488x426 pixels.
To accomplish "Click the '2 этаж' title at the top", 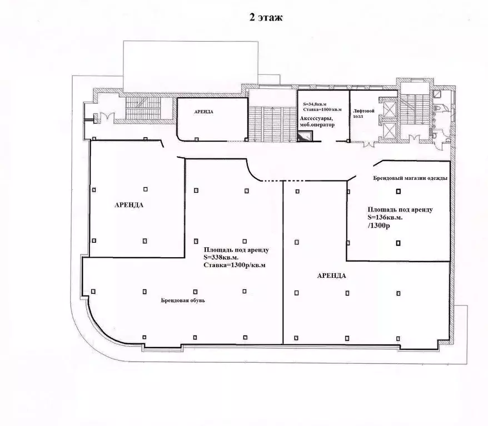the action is [x=266, y=17].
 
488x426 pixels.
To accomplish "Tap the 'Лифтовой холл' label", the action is [x=363, y=113].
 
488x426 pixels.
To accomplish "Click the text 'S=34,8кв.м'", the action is [x=315, y=104].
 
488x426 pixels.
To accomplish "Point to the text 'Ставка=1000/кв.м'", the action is [x=322, y=109].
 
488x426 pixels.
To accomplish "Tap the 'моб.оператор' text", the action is [x=317, y=125].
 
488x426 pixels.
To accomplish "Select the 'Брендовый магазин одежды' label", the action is [x=410, y=178].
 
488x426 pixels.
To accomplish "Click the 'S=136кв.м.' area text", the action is [x=385, y=218].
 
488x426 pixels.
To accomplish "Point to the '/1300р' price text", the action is [x=379, y=225].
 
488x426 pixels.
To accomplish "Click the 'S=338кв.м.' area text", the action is [x=221, y=258].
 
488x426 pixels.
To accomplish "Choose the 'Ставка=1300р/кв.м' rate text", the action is [x=235, y=265].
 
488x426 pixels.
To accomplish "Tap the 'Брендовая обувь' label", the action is [x=183, y=300].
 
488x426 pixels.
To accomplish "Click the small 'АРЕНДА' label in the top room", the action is [x=204, y=112].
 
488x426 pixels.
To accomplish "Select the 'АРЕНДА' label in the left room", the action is [x=129, y=205].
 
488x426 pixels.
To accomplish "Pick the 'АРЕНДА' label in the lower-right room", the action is [x=331, y=275].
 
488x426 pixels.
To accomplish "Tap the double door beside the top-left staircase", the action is [x=108, y=117].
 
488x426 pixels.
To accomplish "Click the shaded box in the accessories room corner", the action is [x=305, y=137].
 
